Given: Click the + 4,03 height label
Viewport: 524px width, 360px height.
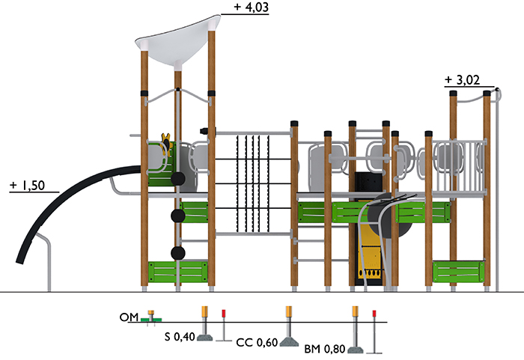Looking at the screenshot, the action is pos(252,7).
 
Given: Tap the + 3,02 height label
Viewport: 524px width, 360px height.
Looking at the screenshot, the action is pos(463,80).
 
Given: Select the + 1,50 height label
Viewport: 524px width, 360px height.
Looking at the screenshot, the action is pos(28,185).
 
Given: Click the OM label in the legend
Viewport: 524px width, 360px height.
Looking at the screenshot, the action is pos(129,317).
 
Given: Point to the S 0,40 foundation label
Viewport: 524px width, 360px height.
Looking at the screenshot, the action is pos(180,337).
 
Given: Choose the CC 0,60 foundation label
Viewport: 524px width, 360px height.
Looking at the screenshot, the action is pos(257,342).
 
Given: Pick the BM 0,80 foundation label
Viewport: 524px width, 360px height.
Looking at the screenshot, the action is pos(324,349).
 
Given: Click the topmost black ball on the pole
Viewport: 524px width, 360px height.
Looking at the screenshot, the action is pos(178,179).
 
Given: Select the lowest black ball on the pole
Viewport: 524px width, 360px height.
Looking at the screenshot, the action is pos(178,253).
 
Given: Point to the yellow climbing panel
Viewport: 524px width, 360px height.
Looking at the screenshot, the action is pos(370,254).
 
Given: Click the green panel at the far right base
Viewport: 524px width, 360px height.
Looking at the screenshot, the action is pos(458,272).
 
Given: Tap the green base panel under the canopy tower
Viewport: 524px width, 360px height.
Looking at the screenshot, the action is pos(178,272).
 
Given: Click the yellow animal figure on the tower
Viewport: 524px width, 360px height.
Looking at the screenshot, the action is pos(165,143).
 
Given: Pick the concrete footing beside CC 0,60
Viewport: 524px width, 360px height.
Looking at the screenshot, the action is pos(289,342).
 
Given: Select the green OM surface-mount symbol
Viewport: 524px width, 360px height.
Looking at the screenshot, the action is pos(151,320).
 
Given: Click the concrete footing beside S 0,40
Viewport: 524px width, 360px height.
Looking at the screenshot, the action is pos(205,337).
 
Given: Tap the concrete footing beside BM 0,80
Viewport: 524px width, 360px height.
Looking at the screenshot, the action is pos(356,350).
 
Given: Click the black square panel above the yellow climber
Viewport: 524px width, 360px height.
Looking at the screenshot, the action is pos(368,183).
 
